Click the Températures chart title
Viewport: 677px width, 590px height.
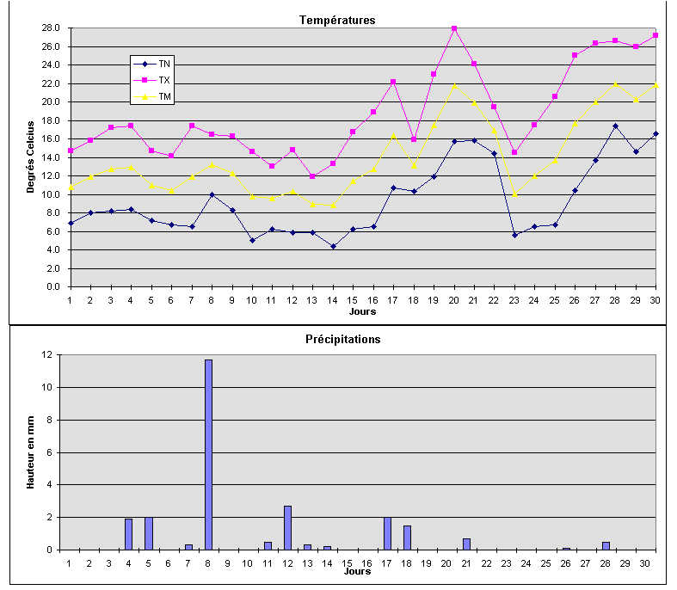(337, 20)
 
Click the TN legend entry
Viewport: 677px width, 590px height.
(163, 64)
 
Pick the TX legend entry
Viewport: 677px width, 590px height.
(163, 80)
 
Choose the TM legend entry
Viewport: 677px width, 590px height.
(164, 97)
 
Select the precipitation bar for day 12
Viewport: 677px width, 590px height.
(287, 527)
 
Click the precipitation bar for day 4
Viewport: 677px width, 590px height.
(129, 533)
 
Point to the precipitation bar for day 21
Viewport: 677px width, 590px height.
(466, 544)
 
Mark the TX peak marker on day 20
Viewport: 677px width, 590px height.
(454, 28)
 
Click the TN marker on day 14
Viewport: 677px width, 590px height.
(333, 246)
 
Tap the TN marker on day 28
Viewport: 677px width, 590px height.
(615, 126)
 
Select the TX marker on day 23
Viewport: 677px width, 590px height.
(514, 152)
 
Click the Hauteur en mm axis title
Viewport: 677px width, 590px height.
(30, 452)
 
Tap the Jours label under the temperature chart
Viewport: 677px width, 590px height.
(362, 311)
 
